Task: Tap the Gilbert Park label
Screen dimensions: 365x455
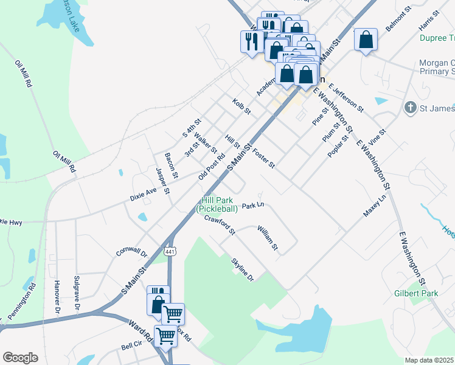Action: coord(420,293)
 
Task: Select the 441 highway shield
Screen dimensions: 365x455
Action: coord(170,251)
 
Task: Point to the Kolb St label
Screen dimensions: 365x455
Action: coord(241,106)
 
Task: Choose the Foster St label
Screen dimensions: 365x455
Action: coord(264,158)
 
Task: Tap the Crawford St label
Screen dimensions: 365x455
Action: coord(220,224)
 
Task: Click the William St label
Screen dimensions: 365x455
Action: coord(267,238)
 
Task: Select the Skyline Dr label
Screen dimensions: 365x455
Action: coord(241,269)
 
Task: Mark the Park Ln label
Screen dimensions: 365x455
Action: coord(252,206)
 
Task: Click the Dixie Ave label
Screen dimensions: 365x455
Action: coord(144,194)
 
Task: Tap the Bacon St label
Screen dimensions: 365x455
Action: coord(171,166)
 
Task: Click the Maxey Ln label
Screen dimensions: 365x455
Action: coord(375,207)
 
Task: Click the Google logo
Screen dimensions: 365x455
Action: coord(20,358)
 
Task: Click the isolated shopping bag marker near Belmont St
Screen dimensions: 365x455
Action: coord(366,41)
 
